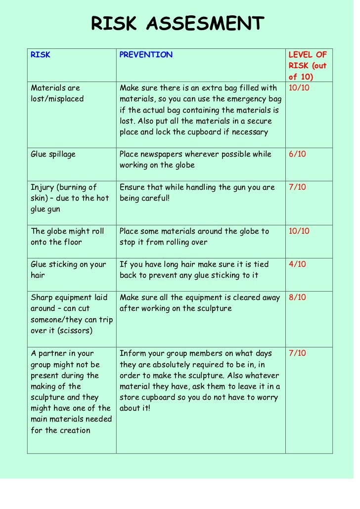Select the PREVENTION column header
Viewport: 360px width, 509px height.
146,55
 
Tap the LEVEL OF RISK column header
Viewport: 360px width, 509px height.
308,66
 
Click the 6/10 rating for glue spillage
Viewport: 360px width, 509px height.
297,154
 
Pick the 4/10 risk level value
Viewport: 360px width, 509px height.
297,264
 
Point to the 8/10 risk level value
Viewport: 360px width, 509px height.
297,297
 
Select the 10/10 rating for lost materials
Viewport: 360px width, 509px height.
299,88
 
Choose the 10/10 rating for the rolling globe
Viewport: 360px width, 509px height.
299,231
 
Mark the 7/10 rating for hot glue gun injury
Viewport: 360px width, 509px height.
297,187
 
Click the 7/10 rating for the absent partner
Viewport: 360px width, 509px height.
297,353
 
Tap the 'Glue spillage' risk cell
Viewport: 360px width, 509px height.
53,154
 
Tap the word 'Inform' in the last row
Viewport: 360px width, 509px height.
132,353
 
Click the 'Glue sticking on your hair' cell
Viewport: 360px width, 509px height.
68,270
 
